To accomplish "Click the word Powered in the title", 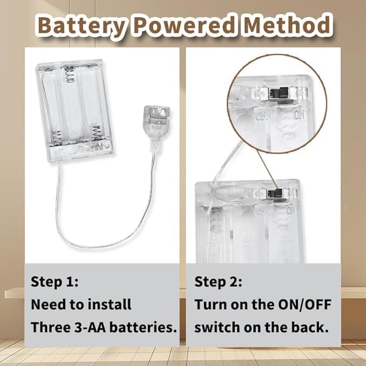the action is [185, 25].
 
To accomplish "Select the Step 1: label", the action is [54, 281].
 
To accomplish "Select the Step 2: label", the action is [218, 281].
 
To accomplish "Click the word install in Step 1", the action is [109, 305].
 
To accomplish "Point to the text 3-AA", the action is [90, 327].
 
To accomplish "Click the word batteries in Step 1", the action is [143, 327].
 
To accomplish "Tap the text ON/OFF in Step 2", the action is [305, 305].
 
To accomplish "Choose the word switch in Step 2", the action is [217, 327].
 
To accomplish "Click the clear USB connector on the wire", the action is [156, 122].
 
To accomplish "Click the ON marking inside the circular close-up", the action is [299, 115].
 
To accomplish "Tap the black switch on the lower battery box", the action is [275, 194].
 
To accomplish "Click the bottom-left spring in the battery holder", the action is [57, 138].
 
